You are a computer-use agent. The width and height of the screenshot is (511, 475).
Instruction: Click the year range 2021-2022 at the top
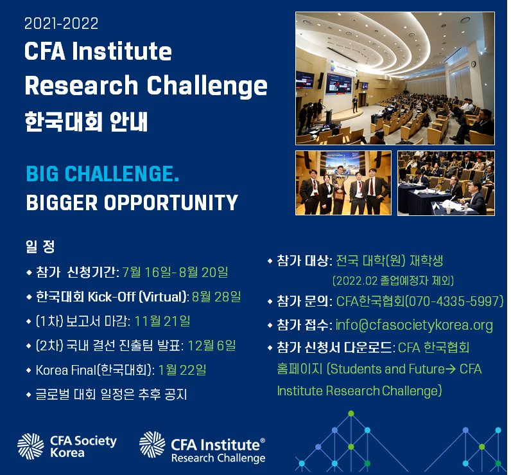point(61,24)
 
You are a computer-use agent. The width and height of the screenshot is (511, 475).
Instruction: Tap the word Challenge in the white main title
point(207,86)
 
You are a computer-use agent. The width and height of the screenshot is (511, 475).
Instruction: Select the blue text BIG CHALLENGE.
point(103,174)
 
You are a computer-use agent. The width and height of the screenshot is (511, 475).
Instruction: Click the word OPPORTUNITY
point(171,202)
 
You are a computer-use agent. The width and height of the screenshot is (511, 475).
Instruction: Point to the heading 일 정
point(40,246)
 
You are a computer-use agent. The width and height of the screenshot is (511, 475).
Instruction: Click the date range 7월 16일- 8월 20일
point(175,272)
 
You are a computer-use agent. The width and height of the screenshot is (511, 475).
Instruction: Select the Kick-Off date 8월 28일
point(216,296)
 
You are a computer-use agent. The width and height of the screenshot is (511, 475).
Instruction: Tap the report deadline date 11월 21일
point(162,321)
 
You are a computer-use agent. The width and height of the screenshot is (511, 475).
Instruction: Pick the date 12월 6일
point(212,346)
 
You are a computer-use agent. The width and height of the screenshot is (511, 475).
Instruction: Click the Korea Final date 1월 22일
point(182,370)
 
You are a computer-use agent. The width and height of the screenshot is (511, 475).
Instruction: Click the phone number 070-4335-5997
point(454,301)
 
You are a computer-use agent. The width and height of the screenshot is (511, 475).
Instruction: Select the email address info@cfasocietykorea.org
point(414,325)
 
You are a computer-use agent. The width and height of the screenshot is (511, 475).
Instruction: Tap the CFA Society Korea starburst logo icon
point(30,446)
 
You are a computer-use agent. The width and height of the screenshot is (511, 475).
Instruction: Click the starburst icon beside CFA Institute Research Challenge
point(152,444)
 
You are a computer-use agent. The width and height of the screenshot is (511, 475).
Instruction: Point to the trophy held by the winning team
point(340,190)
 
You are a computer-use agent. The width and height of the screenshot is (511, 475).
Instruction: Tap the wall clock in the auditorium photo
point(473,64)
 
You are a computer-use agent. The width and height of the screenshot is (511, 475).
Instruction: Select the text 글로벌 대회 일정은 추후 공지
point(111,395)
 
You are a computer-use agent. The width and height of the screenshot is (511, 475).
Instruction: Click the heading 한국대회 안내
point(87,121)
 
